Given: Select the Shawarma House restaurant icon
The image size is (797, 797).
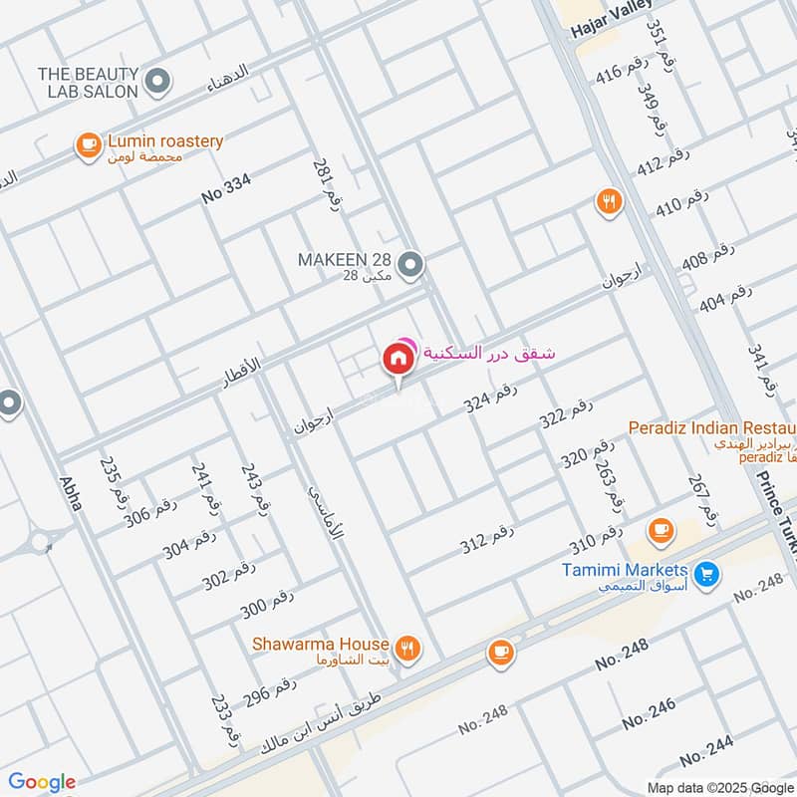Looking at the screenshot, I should pyautogui.click(x=406, y=649).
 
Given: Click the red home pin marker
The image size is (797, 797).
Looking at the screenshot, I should pyautogui.click(x=397, y=360).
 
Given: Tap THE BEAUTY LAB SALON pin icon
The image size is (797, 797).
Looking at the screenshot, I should pyautogui.click(x=155, y=80).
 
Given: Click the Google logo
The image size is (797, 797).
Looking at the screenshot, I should pyautogui.click(x=42, y=782).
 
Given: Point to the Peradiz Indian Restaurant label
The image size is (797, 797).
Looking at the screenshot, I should pyautogui.click(x=711, y=427).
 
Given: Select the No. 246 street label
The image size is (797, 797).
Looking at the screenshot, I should pyautogui.click(x=649, y=713).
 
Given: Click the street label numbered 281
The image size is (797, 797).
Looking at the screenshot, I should pyautogui.click(x=327, y=182).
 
